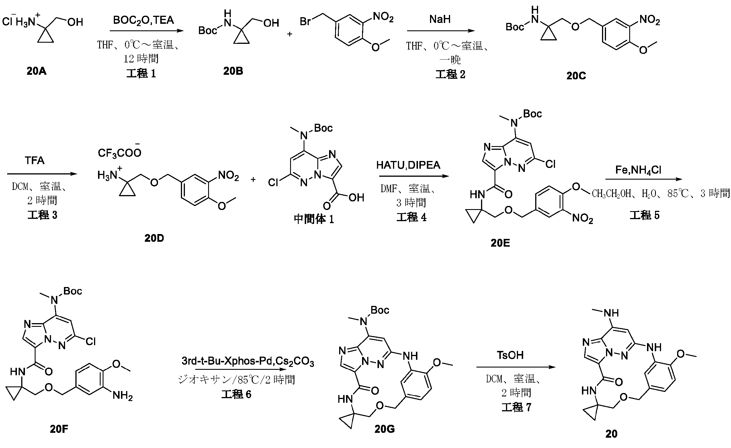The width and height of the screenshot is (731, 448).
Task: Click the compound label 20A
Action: [36, 71]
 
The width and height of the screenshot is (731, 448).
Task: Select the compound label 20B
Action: [233, 71]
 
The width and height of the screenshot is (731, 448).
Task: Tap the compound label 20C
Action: [576, 76]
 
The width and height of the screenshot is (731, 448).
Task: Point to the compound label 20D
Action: [154, 238]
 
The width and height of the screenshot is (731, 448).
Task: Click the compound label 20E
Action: [500, 243]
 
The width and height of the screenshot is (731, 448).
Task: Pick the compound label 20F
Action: [59, 429]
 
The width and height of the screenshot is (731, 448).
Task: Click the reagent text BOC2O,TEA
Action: [143, 20]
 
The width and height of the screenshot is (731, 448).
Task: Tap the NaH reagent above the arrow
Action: [440, 19]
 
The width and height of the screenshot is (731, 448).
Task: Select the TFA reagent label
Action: [34, 161]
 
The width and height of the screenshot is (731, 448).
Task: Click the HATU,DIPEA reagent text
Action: [408, 165]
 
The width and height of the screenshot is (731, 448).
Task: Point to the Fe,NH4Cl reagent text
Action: [638, 170]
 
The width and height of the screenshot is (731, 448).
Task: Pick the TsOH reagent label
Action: [510, 355]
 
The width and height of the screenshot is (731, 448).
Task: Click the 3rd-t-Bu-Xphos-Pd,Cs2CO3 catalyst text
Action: [248, 361]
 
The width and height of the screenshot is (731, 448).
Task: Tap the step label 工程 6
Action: [236, 394]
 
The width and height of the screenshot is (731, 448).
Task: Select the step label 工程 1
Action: [141, 74]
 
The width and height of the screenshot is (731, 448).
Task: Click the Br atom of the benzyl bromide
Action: [306, 22]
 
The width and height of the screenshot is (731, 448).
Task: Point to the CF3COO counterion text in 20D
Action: [120, 153]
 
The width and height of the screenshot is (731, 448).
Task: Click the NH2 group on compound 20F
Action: [122, 396]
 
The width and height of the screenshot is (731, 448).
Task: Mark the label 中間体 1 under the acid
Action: [314, 219]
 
